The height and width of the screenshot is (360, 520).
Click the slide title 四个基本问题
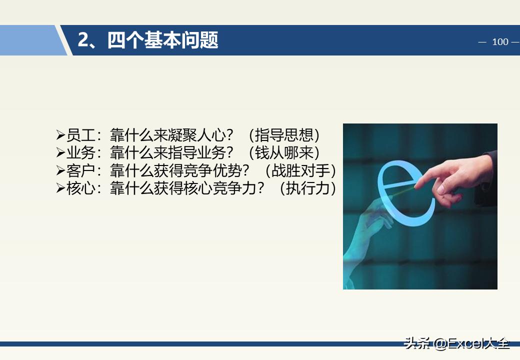(x=162, y=40)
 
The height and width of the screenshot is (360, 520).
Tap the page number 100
(x=499, y=42)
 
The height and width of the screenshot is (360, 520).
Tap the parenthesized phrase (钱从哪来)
(x=283, y=153)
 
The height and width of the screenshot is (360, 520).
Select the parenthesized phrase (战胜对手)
(x=300, y=171)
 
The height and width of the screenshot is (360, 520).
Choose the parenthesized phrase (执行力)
(x=307, y=189)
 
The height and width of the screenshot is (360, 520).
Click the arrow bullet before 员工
(x=60, y=135)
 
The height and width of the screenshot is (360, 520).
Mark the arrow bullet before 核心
(x=60, y=189)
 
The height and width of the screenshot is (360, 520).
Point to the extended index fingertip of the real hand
(x=416, y=185)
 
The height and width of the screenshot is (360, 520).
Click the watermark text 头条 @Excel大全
(x=456, y=343)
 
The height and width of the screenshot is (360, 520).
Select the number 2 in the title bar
(x=83, y=40)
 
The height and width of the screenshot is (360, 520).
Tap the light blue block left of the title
(x=30, y=40)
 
